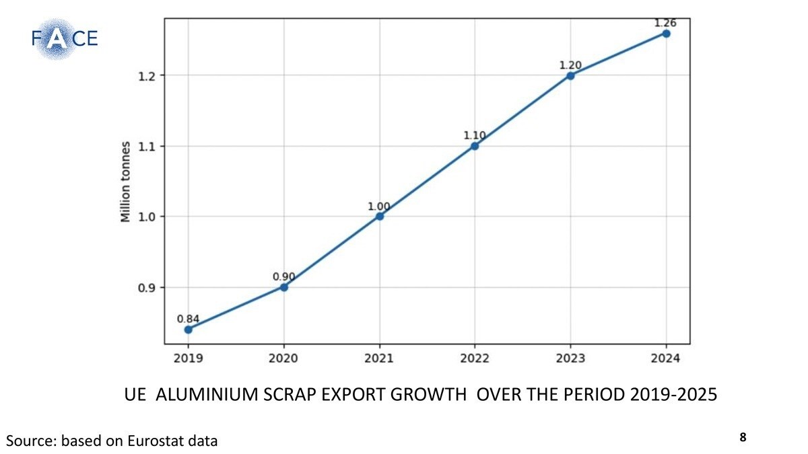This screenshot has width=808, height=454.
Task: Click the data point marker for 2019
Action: [189, 330]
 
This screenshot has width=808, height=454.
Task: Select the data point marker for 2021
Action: [380, 216]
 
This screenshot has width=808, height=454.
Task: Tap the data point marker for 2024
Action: [666, 33]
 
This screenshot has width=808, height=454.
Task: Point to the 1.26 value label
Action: [666, 23]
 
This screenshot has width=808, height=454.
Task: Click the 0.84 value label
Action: [188, 319]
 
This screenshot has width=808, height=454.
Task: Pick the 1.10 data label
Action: [474, 135]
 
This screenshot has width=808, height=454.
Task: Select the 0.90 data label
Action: [283, 276]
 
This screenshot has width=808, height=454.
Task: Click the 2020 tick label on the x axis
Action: [283, 358]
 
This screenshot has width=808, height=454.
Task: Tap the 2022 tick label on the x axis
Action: [475, 358]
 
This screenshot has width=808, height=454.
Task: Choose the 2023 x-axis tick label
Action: [570, 358]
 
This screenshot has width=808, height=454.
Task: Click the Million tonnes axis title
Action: [125, 182]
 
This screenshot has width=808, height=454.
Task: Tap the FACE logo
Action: [64, 38]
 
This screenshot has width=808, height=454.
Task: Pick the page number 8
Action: [743, 437]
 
